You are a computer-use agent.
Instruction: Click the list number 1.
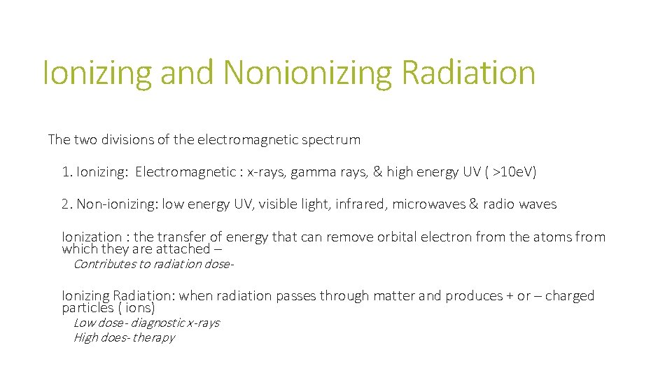66,172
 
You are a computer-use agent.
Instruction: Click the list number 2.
66,204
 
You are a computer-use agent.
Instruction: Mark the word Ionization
92,237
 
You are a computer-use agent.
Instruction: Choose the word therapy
153,337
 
